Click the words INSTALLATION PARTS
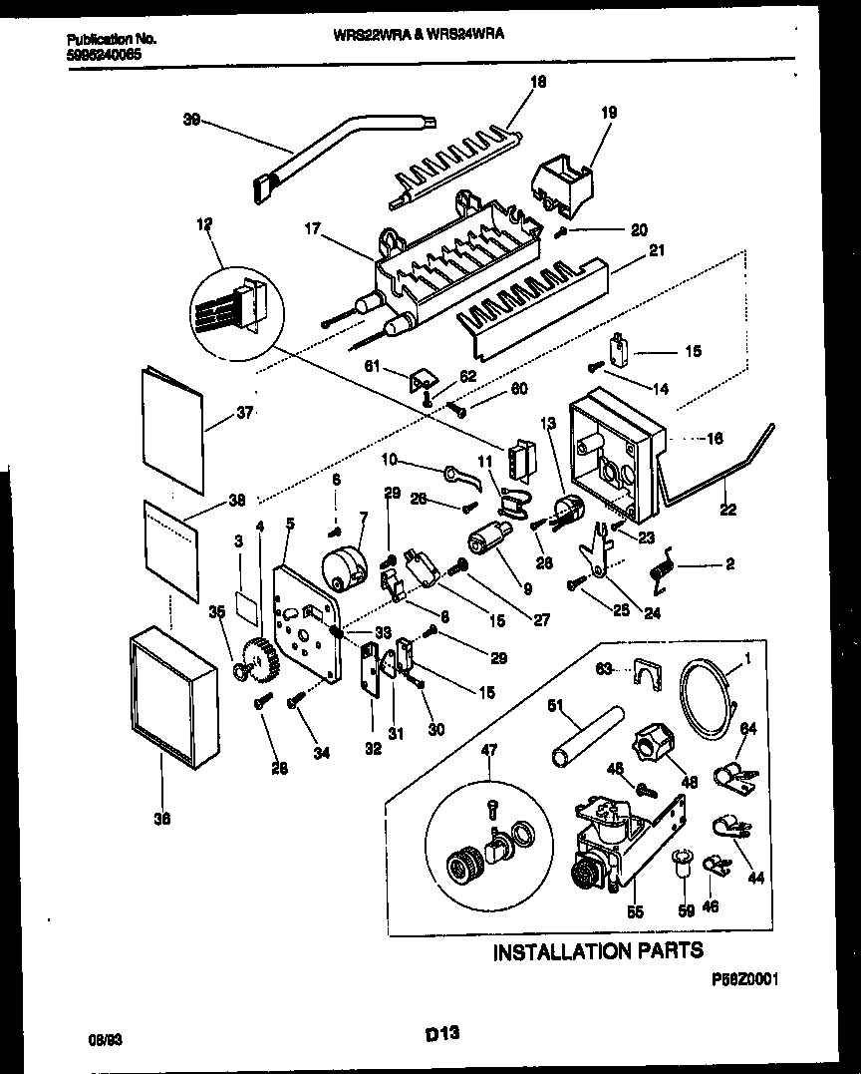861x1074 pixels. click(x=598, y=950)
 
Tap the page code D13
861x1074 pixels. click(x=442, y=1037)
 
